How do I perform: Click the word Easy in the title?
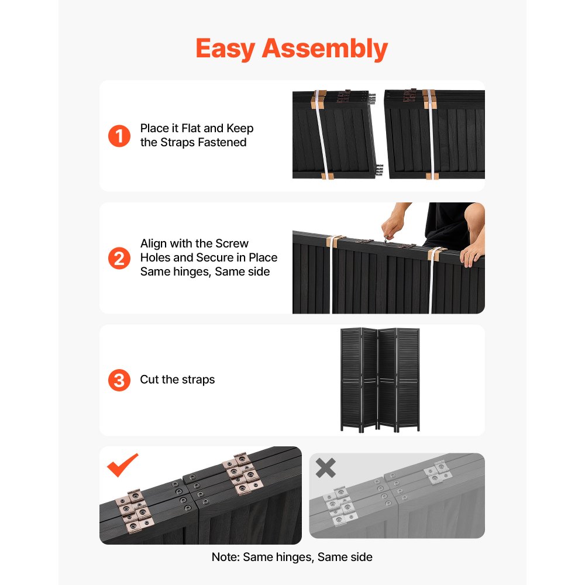[225, 49]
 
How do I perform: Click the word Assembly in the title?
[325, 49]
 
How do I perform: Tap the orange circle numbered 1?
[119, 136]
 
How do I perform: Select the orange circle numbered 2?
[119, 258]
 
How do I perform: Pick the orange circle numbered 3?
[119, 380]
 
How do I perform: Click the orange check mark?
[122, 465]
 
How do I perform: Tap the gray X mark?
[325, 467]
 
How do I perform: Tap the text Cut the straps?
[177, 380]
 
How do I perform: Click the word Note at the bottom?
[225, 557]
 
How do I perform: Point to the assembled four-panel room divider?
[380, 380]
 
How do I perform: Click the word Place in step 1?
[154, 128]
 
